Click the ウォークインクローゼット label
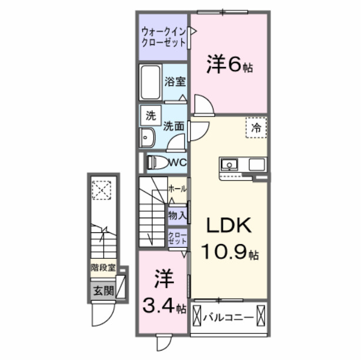163,37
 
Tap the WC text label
178,162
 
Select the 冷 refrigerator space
256,126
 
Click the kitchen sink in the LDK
229,164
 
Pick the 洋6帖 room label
229,65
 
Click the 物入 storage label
177,215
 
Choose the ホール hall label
178,189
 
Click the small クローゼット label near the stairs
178,238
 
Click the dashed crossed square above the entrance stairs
102,189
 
